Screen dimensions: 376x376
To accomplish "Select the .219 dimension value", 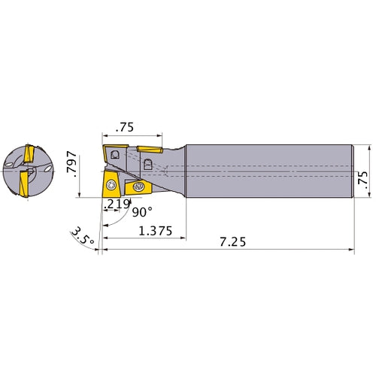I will tap(117, 205).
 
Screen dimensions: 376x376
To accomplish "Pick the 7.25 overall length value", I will tap(232, 243).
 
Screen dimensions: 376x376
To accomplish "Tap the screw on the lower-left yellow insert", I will tap(111, 184).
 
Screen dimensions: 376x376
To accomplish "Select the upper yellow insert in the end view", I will tap(28, 154).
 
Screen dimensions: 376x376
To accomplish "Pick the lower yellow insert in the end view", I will tap(24, 183).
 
